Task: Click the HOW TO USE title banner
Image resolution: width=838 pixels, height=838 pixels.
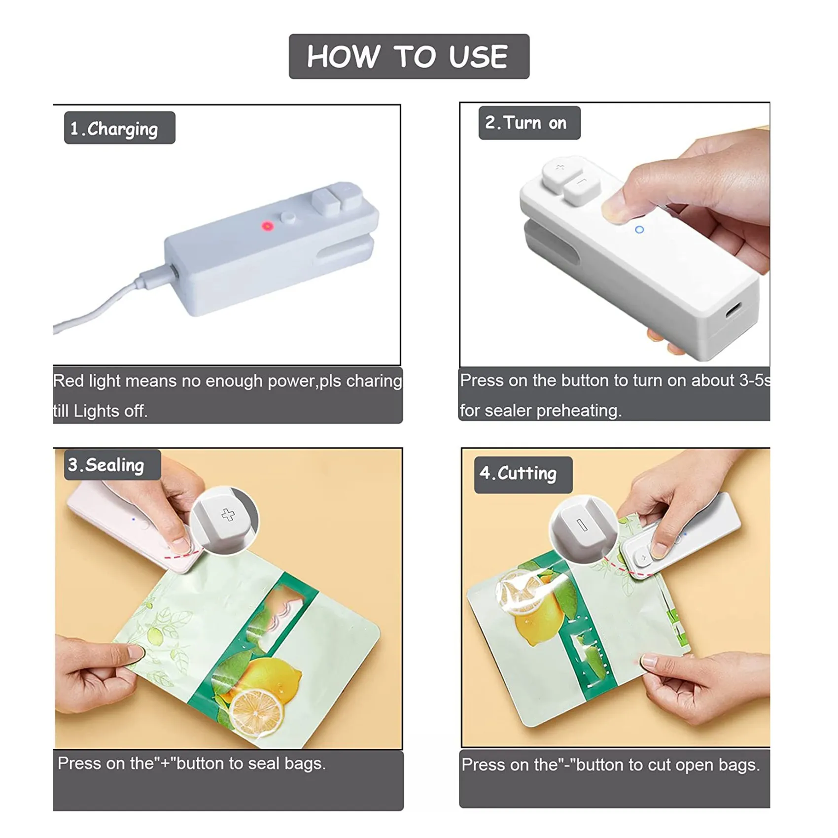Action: pos(409,56)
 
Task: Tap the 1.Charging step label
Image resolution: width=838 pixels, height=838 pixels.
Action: pos(119,128)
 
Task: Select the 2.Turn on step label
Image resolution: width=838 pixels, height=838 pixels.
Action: pos(529,123)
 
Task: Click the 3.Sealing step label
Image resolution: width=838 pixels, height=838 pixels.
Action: pos(112,465)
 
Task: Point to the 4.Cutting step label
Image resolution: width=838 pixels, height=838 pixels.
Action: pos(523,474)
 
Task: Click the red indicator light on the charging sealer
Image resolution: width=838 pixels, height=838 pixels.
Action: pos(268,226)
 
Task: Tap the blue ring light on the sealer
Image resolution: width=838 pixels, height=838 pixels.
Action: pos(639,230)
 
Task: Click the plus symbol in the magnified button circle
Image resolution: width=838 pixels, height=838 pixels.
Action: pos(228,515)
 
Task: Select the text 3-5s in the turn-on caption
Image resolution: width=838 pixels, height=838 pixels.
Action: pos(754,381)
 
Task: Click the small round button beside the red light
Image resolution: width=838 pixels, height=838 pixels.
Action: pos(288,217)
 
